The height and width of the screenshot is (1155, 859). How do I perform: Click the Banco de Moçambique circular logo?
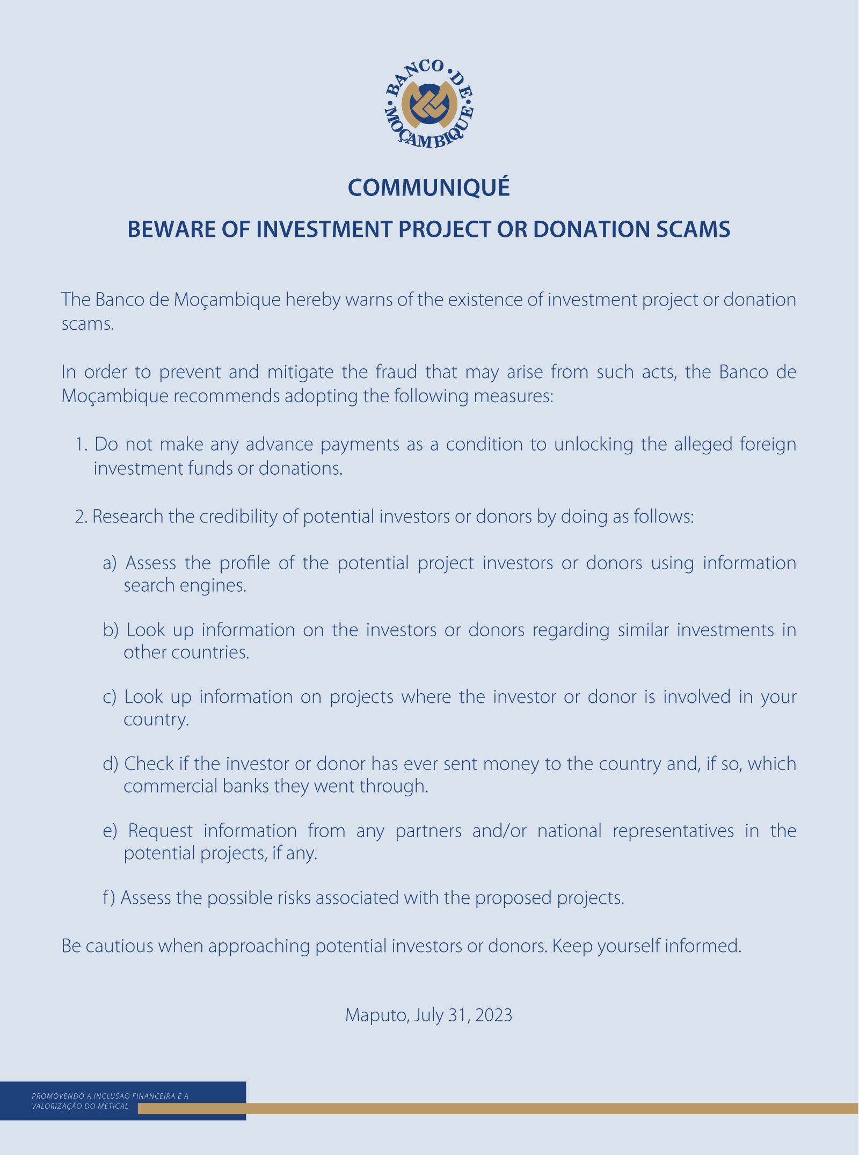coord(429,103)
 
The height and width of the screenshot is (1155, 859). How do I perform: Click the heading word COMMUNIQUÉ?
coord(429,187)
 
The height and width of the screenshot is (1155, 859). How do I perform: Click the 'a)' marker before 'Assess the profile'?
coord(110,563)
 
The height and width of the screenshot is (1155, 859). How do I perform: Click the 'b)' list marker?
coord(110,630)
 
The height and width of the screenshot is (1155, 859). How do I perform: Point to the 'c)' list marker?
coord(110,697)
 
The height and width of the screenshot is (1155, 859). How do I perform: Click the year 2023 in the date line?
coord(493,1015)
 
